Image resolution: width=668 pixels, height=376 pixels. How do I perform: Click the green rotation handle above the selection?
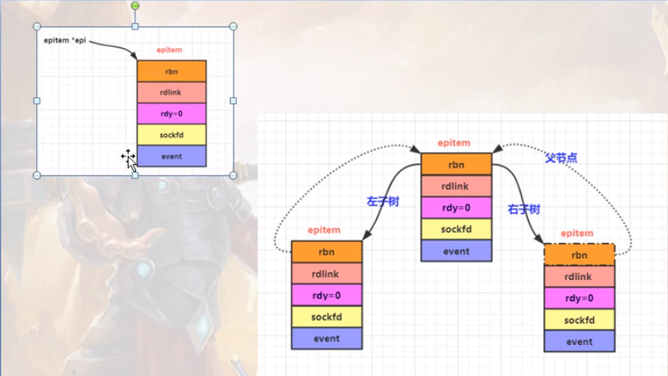click(x=135, y=6)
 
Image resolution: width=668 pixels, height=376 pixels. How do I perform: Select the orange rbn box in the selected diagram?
click(x=171, y=71)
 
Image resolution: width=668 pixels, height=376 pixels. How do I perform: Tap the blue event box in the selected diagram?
click(x=171, y=157)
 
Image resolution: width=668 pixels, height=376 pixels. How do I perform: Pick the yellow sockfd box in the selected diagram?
click(x=171, y=135)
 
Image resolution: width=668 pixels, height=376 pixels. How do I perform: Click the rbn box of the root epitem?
click(x=456, y=164)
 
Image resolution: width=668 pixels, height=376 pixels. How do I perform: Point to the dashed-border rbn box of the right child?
click(x=579, y=255)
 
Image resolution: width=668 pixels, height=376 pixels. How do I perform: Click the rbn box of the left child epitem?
click(x=327, y=252)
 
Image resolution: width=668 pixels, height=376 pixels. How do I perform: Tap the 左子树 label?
click(x=383, y=201)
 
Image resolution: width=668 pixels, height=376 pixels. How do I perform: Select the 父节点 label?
click(x=561, y=157)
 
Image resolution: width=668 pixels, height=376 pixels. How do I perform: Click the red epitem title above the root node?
click(x=454, y=142)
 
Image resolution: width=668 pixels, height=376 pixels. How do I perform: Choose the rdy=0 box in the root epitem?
click(x=456, y=207)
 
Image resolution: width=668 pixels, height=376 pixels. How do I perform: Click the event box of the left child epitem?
click(x=327, y=338)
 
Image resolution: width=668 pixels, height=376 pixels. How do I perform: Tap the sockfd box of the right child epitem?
click(x=579, y=320)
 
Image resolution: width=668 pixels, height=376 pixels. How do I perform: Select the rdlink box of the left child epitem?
click(x=327, y=274)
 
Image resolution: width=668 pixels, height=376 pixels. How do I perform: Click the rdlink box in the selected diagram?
click(x=171, y=92)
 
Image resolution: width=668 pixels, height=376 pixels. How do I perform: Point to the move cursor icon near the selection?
click(x=129, y=157)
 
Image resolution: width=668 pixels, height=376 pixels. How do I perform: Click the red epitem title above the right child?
click(x=577, y=233)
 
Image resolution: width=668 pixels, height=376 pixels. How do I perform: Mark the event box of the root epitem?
click(x=456, y=250)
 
